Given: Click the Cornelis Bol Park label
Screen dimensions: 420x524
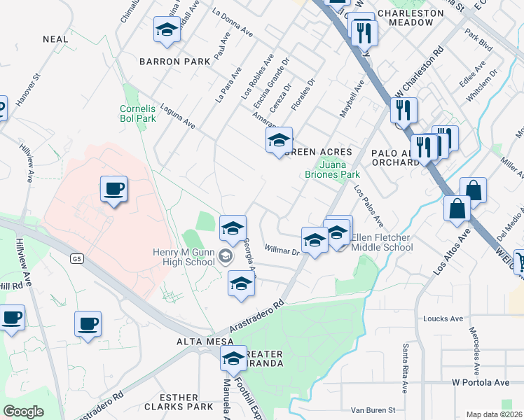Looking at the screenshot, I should click(x=137, y=113).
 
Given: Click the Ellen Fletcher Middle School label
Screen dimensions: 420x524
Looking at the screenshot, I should click(x=382, y=242).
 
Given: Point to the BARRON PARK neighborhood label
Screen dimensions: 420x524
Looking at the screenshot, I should click(x=174, y=62).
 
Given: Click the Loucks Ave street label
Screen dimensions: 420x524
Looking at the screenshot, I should click(x=443, y=318).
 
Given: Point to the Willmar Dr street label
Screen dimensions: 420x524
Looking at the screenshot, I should click(x=282, y=248).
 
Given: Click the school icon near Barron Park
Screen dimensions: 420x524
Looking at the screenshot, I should click(x=167, y=30).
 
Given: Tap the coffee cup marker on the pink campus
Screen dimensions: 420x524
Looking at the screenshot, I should click(x=113, y=189).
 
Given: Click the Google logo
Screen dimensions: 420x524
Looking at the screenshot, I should click(x=23, y=412).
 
